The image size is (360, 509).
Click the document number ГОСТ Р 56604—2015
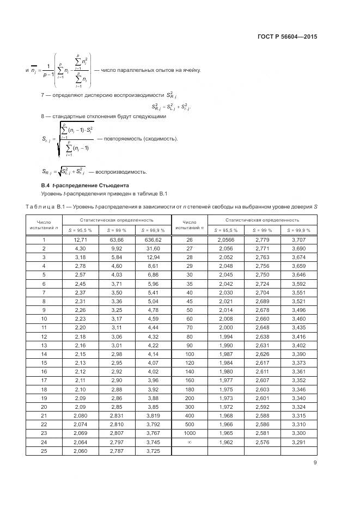click(287, 37)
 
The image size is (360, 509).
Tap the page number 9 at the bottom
click(315, 463)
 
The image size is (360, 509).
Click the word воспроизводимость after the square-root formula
click(121, 172)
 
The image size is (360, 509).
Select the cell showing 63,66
click(116, 240)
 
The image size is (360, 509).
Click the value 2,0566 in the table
click(225, 240)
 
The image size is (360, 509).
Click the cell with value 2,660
click(262, 318)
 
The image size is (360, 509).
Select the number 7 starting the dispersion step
click(42, 95)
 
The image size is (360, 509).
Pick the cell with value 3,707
click(298, 240)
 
